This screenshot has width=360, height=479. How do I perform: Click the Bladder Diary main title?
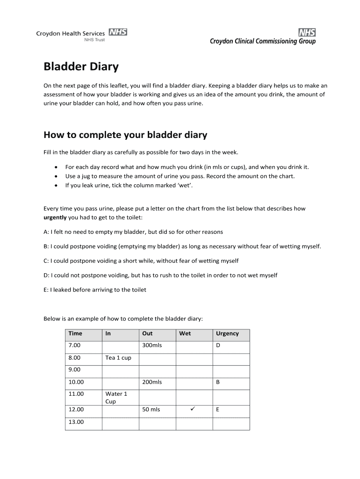click(x=81, y=67)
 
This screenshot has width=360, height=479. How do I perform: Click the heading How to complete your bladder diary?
click(x=125, y=135)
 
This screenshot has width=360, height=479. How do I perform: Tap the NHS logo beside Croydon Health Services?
click(x=118, y=32)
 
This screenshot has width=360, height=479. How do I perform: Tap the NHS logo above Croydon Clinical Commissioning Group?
click(x=307, y=32)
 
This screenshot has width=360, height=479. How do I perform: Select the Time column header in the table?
click(x=75, y=334)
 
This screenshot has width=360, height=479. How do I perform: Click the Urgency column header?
click(x=227, y=334)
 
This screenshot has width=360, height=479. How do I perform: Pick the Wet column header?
click(x=185, y=334)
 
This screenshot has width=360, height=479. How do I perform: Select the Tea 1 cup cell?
click(x=118, y=358)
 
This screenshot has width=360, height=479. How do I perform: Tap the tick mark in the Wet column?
click(x=193, y=409)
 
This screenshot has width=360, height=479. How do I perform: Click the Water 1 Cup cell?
click(x=116, y=398)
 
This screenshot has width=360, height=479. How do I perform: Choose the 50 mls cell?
click(x=151, y=409)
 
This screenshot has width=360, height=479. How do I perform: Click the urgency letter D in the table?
click(x=218, y=346)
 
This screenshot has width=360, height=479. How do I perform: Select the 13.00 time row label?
click(x=76, y=421)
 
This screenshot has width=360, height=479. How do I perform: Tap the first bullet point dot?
click(x=56, y=167)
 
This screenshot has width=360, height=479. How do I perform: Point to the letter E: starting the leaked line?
click(x=46, y=290)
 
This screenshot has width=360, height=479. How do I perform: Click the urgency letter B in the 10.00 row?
click(x=218, y=382)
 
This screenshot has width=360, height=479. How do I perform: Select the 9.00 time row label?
click(x=74, y=370)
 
